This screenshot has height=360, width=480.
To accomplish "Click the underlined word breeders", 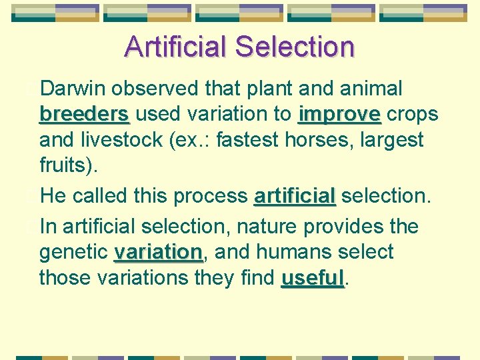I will [84, 114].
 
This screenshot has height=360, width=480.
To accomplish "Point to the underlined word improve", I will [339, 114].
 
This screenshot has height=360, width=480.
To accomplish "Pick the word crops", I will [413, 114].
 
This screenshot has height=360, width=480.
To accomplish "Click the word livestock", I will [114, 140].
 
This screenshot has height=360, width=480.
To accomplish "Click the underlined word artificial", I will [295, 196].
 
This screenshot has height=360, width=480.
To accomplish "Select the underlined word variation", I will [158, 253].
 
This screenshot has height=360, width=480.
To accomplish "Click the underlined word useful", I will [313, 278].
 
